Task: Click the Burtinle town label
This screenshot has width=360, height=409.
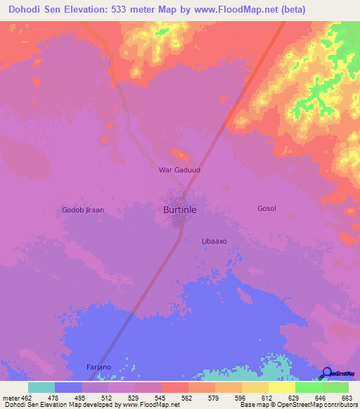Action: tap(180, 209)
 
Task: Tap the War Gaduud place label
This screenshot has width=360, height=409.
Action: tap(179, 169)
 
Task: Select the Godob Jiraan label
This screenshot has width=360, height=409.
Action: tap(83, 209)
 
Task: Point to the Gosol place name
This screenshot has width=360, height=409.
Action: tap(266, 209)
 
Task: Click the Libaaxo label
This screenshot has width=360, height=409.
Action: tap(214, 240)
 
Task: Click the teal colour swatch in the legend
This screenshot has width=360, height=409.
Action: tap(41, 387)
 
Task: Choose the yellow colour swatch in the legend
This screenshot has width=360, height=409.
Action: tap(281, 387)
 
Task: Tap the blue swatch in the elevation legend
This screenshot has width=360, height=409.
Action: tap(67, 387)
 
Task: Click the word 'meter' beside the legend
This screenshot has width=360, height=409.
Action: tap(10, 398)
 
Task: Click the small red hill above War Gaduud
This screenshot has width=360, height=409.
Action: tap(180, 155)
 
